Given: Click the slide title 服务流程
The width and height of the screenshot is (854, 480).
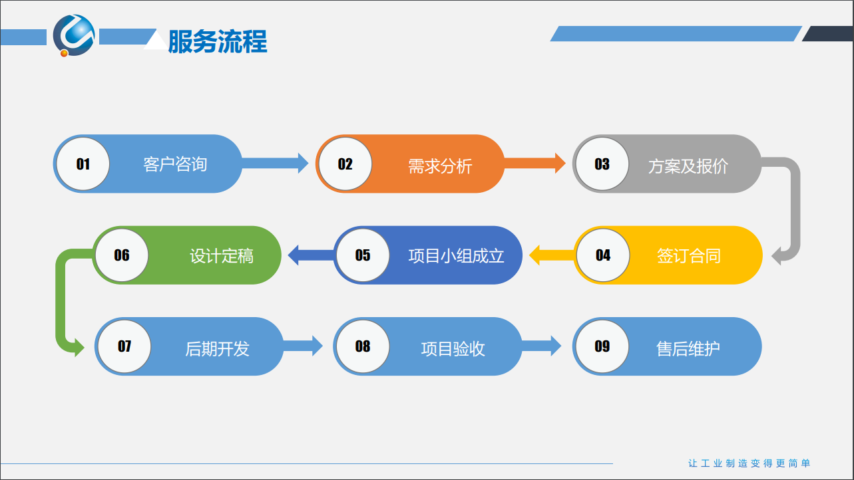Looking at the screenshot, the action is click(218, 41).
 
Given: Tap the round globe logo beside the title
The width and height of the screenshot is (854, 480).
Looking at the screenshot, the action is click(74, 35).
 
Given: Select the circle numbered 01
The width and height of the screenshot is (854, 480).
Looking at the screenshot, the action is click(83, 164).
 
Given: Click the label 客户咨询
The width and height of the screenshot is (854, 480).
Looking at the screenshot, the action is click(175, 164).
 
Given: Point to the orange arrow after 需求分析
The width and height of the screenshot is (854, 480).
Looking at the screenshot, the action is click(534, 164).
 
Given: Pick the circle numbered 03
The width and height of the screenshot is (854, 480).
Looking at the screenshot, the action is click(602, 164).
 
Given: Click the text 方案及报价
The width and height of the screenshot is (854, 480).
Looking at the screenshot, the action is click(688, 166).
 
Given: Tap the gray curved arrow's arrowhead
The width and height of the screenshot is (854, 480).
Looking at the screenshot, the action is click(776, 255).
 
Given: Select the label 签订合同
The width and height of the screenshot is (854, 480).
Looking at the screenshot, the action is click(688, 256).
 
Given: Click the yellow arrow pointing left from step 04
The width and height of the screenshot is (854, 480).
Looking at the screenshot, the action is click(552, 255).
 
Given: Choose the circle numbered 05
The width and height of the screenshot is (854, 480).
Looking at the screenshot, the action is click(363, 255).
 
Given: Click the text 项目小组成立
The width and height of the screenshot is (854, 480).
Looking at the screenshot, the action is click(456, 256).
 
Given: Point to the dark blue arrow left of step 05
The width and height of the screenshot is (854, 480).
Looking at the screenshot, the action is click(311, 255).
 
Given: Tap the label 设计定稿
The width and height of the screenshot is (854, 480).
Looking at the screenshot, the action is click(222, 256).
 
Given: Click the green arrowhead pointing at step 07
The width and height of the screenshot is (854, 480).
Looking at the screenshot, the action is click(79, 347).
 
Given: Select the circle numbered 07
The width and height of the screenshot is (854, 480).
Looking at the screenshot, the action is click(124, 346).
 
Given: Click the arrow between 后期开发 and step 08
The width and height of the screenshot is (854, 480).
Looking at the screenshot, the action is click(303, 346).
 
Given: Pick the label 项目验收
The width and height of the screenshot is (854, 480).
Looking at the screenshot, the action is click(453, 348).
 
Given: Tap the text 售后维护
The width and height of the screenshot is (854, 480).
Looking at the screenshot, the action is click(688, 348).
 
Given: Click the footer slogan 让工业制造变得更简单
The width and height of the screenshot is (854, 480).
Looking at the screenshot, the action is click(749, 463).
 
